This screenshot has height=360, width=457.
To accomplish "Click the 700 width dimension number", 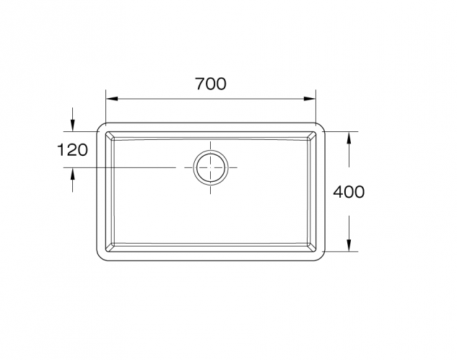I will [211, 84].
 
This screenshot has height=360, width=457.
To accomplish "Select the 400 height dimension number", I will [349, 192].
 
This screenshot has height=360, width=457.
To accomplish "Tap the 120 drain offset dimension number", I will [72, 150].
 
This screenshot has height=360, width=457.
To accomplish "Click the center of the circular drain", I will [210, 167].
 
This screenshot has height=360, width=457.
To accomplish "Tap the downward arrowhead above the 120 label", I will [72, 127].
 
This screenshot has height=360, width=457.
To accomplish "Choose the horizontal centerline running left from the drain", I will [130, 167].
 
